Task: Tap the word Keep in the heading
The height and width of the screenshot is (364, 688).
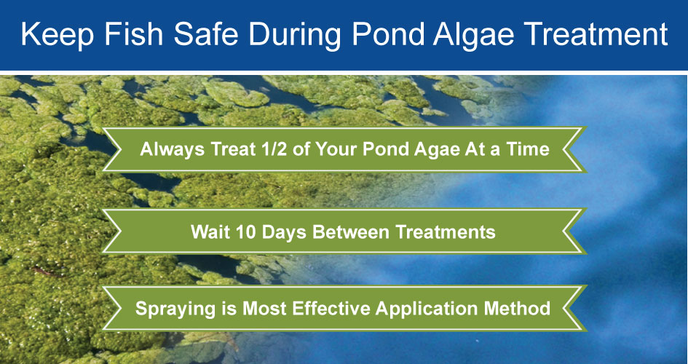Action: pyautogui.click(x=58, y=35)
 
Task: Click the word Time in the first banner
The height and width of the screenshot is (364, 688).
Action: pyautogui.click(x=530, y=149)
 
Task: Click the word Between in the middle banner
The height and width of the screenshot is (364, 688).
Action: pyautogui.click(x=347, y=232)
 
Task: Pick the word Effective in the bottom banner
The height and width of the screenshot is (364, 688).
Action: pyautogui.click(x=329, y=308)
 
